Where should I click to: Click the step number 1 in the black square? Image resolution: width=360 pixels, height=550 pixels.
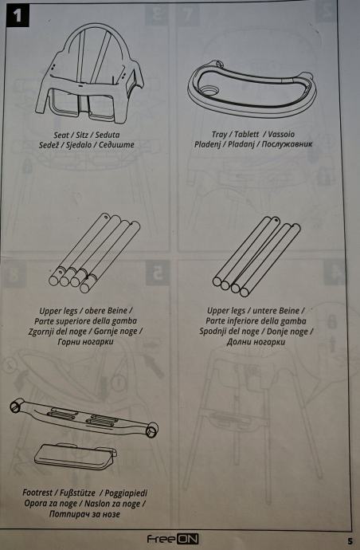[x=18, y=15]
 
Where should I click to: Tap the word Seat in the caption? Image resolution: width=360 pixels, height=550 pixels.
[x=61, y=135]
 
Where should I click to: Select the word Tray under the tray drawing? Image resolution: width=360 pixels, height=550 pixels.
[x=219, y=135]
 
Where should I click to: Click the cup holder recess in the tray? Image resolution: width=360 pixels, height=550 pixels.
[x=209, y=91]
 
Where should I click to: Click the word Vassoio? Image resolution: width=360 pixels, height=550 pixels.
[x=281, y=135]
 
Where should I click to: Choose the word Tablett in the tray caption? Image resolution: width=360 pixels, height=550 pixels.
[x=246, y=135]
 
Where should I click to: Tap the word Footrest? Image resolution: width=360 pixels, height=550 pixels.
[x=37, y=493]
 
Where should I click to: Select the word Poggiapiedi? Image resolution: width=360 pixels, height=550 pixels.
[x=126, y=493]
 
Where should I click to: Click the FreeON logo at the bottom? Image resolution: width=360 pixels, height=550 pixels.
[x=173, y=539]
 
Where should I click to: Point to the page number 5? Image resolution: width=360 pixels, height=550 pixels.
[x=350, y=541]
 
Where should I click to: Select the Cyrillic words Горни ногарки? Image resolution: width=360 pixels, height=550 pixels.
[x=85, y=342]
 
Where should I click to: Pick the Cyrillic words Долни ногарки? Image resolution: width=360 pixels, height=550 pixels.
[x=256, y=342]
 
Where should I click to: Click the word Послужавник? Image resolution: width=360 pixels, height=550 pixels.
[x=287, y=144]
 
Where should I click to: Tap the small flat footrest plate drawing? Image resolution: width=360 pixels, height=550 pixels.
[x=76, y=457]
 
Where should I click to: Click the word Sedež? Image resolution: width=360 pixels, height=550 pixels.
[x=49, y=145]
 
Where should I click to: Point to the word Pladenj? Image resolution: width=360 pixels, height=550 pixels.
[x=208, y=144]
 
